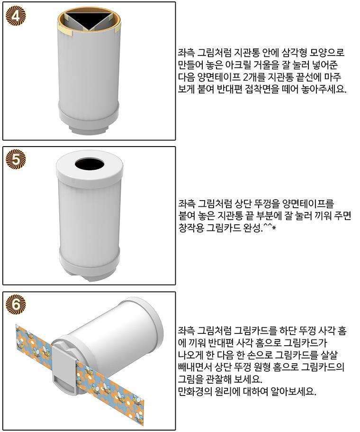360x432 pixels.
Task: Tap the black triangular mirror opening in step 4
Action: pos(90,19)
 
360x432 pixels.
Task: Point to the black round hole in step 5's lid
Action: pos(90,165)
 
